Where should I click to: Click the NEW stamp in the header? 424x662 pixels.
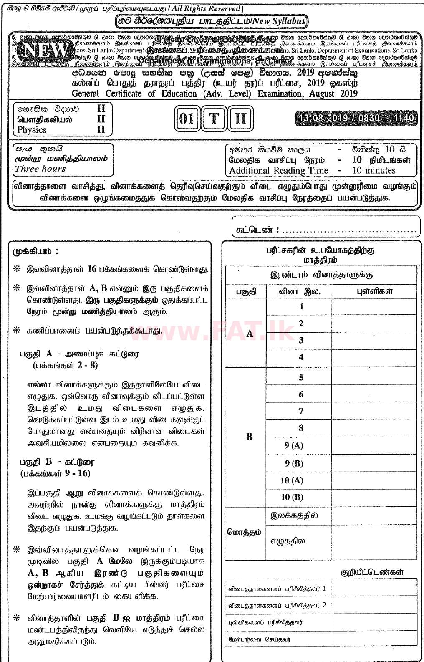click(46, 51)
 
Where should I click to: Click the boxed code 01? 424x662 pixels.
click(187, 119)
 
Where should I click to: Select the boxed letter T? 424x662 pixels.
click(214, 119)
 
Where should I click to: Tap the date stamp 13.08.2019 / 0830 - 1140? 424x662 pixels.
click(356, 118)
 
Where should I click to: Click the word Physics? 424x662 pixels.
click(32, 130)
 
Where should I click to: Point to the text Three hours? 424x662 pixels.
click(40, 169)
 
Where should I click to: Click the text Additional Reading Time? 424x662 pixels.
click(278, 170)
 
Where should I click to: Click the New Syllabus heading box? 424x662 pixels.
click(211, 21)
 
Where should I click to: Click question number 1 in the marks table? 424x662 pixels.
click(301, 307)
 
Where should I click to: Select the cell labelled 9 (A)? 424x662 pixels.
click(294, 445)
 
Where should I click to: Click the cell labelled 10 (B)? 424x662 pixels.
click(292, 497)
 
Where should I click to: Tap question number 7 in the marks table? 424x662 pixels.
click(301, 411)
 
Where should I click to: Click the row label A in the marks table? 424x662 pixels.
click(250, 333)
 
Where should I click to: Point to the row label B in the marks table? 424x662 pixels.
click(249, 437)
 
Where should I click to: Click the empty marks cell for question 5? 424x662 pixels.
click(374, 377)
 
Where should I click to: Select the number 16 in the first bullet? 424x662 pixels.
click(92, 269)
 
